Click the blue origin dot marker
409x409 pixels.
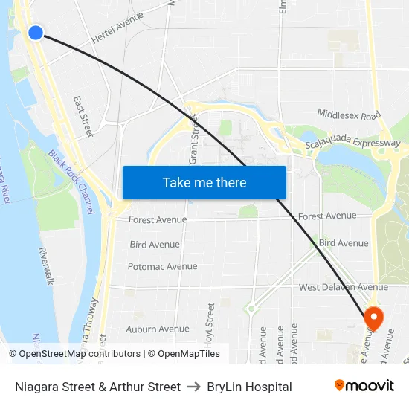pyautogui.click(x=35, y=32)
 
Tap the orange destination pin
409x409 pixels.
pyautogui.click(x=373, y=318)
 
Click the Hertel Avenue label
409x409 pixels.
pyautogui.click(x=117, y=30)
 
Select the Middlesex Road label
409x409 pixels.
pyautogui.click(x=349, y=115)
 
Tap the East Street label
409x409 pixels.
pyautogui.click(x=83, y=115)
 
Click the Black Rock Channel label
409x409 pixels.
pyautogui.click(x=72, y=183)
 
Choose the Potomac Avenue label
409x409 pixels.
pyautogui.click(x=162, y=266)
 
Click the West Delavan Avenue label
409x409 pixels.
pyautogui.click(x=343, y=287)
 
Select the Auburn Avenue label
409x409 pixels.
pyautogui.click(x=158, y=329)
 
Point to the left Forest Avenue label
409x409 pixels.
pyautogui.click(x=158, y=219)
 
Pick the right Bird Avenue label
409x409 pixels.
pyautogui.click(x=343, y=243)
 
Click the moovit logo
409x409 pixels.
pyautogui.click(x=364, y=386)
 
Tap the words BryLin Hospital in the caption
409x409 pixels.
pyautogui.click(x=249, y=387)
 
